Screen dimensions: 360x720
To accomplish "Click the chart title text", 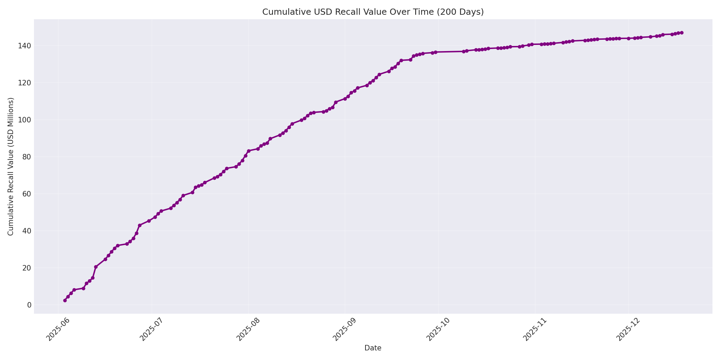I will pos(373,12).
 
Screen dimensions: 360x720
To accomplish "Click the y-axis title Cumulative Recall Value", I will pos(11,166).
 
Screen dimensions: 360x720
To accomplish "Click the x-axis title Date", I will pos(373,348).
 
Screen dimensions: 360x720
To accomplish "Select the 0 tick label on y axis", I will pos(29,305).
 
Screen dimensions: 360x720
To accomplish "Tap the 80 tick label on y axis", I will pos(27,157).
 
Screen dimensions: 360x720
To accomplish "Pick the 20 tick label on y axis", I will pos(27,268).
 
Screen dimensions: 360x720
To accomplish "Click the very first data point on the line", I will pos(65,300).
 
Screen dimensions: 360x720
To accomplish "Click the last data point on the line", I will pos(682,33).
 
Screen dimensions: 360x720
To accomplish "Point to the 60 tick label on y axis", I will pos(27,194).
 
